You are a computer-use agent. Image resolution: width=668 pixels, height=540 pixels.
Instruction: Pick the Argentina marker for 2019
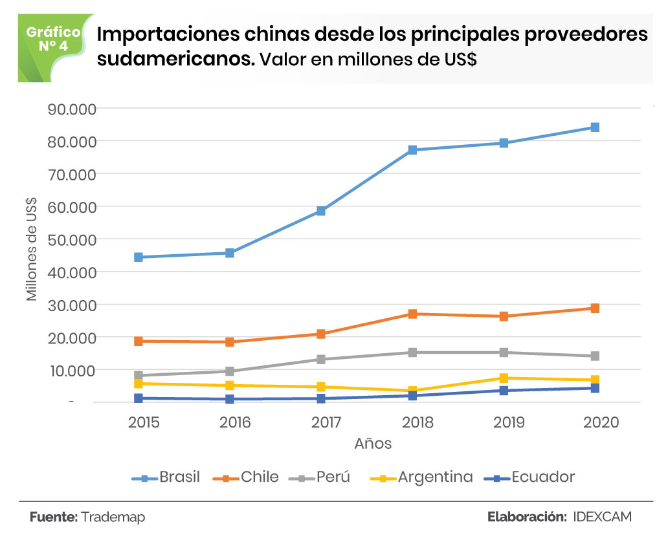click(504, 378)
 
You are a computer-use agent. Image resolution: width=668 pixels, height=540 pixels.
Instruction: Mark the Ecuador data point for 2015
click(139, 398)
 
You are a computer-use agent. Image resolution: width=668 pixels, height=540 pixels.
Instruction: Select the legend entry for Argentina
click(421, 478)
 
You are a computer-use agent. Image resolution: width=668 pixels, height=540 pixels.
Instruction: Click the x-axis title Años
click(373, 444)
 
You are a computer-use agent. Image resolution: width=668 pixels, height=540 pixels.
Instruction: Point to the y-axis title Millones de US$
click(31, 248)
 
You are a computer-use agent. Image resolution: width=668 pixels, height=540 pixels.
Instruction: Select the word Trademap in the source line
click(114, 517)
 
